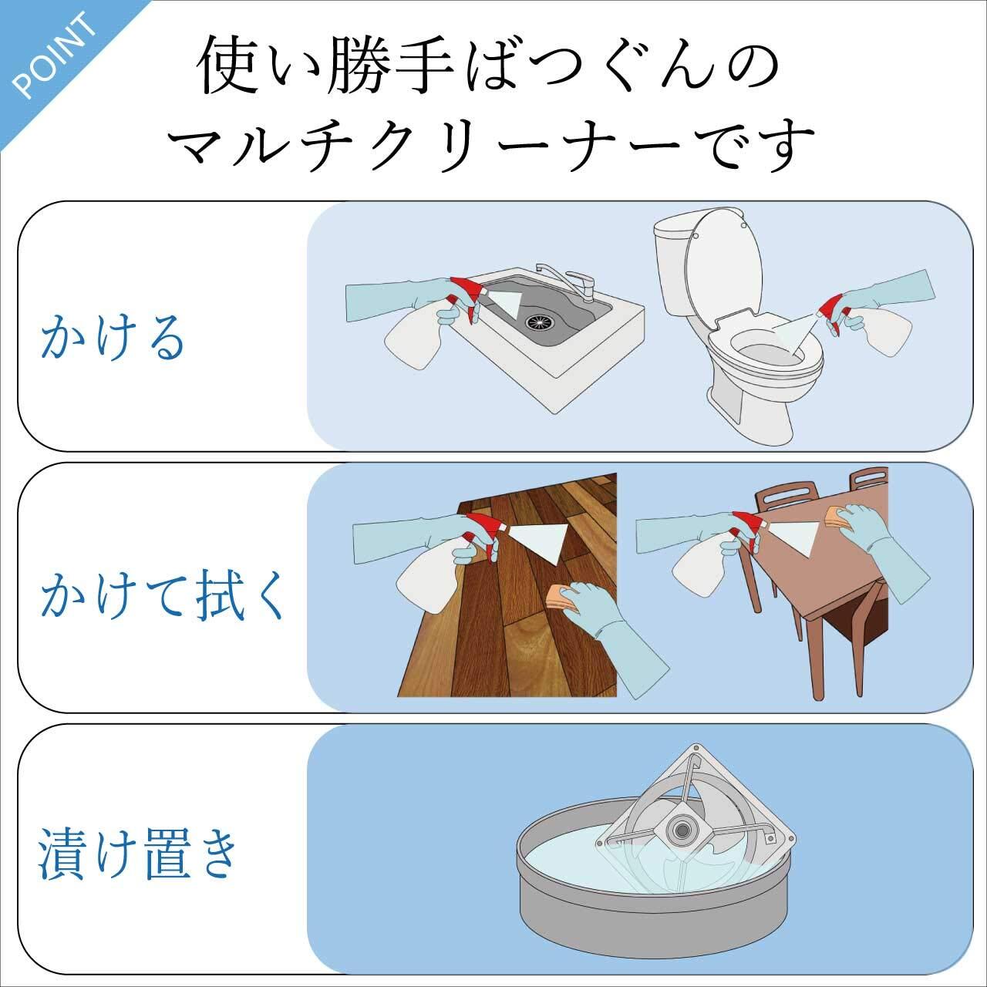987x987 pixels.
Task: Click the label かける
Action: tap(113, 338)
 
